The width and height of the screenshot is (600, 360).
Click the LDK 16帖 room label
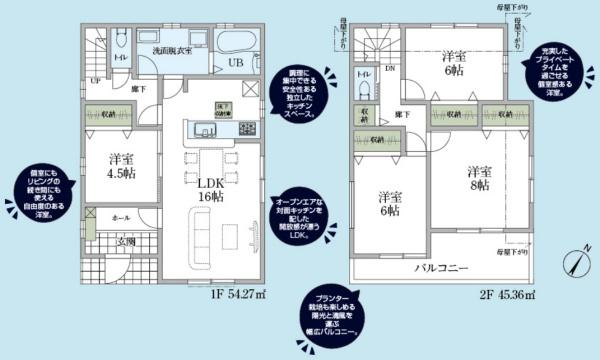tap(211, 189)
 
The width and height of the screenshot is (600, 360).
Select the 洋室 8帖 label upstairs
tap(477, 178)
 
